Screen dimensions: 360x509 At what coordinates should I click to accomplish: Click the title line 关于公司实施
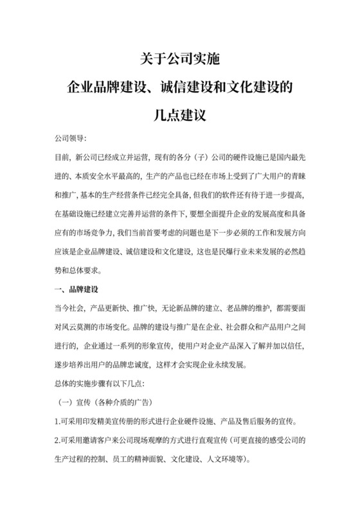pos(179,60)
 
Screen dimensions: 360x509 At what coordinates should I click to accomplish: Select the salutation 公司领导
pos(70,139)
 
